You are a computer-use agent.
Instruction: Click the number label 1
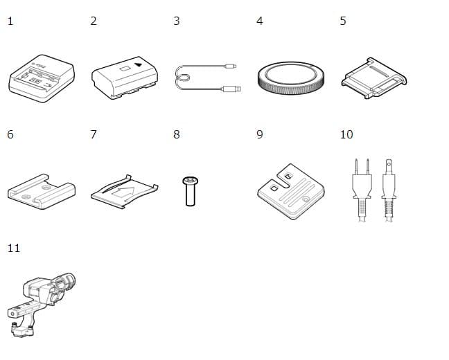(10, 21)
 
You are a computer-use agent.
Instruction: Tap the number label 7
(94, 134)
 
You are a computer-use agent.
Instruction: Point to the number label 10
(346, 134)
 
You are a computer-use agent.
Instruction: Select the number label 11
(14, 248)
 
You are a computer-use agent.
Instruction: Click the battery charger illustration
(42, 78)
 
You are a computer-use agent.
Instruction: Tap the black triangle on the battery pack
(139, 64)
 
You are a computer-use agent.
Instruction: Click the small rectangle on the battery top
(125, 69)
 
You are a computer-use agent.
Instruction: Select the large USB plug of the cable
(232, 89)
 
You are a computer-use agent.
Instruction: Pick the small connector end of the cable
(231, 66)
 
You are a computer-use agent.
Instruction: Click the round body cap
(291, 78)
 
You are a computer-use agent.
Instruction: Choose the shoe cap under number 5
(374, 78)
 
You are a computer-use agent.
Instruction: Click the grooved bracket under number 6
(42, 192)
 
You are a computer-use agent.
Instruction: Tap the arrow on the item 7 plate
(123, 192)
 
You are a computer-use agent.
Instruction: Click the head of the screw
(191, 181)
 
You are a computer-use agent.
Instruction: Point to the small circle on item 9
(306, 199)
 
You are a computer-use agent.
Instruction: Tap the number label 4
(260, 21)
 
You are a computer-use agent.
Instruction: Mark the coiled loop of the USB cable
(183, 78)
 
